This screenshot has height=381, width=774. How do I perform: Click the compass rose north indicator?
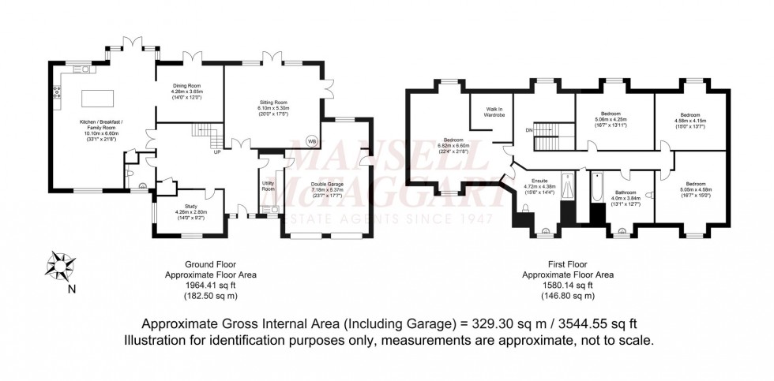[x=59, y=265]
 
